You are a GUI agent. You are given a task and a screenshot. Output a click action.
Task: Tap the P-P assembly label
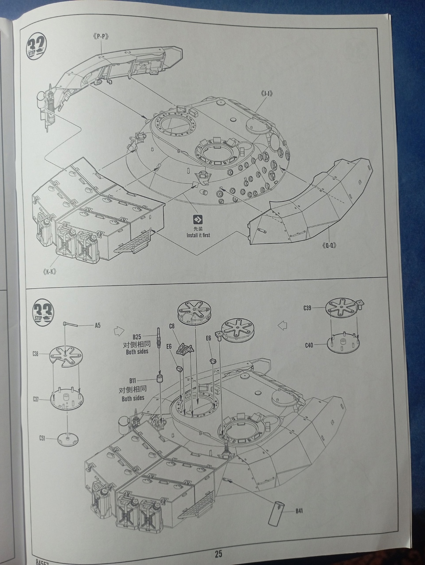coord(101,37)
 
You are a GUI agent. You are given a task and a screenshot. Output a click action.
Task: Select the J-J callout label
coord(267,94)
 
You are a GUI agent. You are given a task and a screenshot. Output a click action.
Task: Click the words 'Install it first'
coord(198,235)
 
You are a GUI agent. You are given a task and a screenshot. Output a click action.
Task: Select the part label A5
coord(98,326)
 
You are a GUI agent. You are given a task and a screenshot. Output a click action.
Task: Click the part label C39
coord(307,308)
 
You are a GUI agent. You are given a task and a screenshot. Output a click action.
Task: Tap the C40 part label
coord(309,345)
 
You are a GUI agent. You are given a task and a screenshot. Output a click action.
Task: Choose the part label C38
coord(36,354)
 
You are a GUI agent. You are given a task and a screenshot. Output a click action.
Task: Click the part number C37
coord(36,399)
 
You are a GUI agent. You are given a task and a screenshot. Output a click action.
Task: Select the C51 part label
coord(42,438)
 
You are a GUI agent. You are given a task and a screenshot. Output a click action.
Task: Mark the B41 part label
coord(300,511)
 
